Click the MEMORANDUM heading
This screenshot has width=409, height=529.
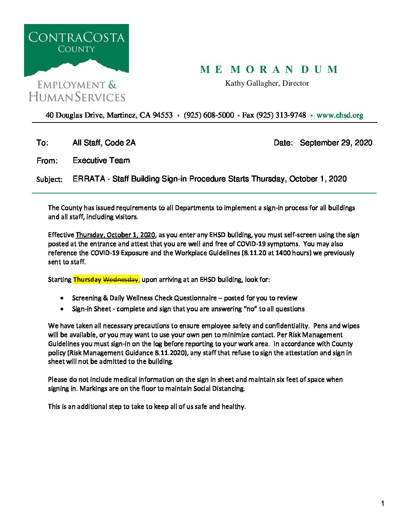(x=269, y=70)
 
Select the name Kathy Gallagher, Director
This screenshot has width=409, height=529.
(x=267, y=83)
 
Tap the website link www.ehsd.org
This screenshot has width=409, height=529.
(x=339, y=115)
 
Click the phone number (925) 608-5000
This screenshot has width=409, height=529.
(x=209, y=115)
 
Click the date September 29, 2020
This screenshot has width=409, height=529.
(x=336, y=143)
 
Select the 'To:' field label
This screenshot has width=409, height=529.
(x=42, y=143)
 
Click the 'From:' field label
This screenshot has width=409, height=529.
(x=47, y=161)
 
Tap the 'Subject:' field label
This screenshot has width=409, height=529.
(x=49, y=179)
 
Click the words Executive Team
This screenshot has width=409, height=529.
(x=101, y=160)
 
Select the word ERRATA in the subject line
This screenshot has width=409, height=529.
(x=89, y=179)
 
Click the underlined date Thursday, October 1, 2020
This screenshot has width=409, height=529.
(x=115, y=235)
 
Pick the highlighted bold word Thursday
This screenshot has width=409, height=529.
(x=87, y=280)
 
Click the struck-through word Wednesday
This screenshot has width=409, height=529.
(x=121, y=280)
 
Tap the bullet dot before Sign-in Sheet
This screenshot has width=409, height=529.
(x=62, y=309)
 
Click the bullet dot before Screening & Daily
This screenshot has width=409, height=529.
(x=62, y=298)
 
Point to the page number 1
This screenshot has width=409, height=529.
(x=383, y=504)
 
